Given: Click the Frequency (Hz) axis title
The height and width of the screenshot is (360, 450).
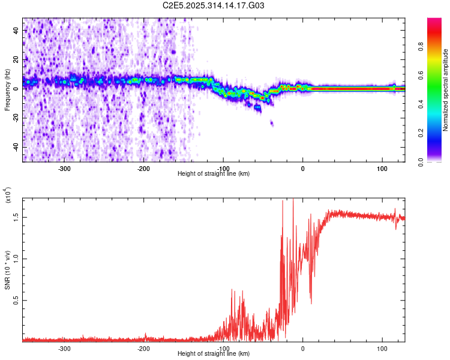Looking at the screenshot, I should [x=8, y=90].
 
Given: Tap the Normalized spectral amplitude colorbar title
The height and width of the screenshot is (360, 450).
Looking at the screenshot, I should [x=446, y=90].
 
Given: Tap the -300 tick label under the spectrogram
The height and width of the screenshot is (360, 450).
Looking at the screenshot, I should [x=64, y=168].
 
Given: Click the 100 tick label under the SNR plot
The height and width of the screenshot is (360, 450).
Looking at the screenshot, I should [x=382, y=348].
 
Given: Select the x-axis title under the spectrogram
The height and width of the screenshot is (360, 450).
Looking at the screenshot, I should [x=214, y=174].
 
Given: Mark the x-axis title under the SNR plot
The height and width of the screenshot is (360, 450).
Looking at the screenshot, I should [x=214, y=354].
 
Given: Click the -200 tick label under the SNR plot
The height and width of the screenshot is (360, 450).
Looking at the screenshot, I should [x=143, y=348].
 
